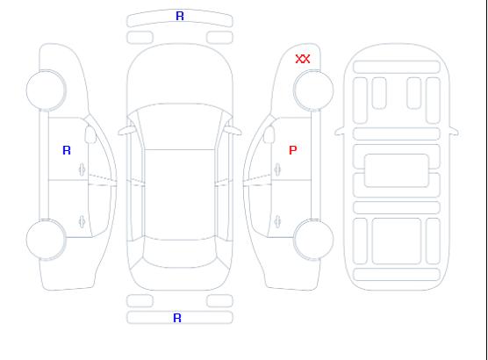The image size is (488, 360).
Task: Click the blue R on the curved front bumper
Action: click(x=180, y=16)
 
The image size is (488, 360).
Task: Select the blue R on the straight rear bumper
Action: click(x=177, y=318)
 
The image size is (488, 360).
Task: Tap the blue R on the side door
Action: click(x=67, y=150)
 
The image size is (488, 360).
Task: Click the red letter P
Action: click(x=293, y=150)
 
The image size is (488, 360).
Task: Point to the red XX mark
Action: click(x=303, y=59)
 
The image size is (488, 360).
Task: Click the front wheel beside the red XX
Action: click(x=313, y=90)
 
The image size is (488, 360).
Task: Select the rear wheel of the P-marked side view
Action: click(x=313, y=240)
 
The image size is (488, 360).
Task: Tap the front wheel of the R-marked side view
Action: click(x=46, y=90)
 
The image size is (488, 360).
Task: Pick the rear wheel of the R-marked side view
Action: click(x=46, y=240)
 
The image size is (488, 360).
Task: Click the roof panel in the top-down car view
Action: click(x=180, y=195)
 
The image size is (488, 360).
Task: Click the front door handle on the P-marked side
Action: click(x=277, y=169)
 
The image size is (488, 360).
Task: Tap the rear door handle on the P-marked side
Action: click(x=277, y=221)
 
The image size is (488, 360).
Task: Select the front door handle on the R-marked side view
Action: click(x=83, y=169)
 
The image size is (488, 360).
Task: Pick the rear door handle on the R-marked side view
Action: click(x=83, y=221)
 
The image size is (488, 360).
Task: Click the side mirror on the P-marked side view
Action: click(x=269, y=134)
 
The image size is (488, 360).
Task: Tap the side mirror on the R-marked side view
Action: click(x=90, y=134)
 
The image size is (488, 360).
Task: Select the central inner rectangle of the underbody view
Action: click(x=397, y=170)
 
